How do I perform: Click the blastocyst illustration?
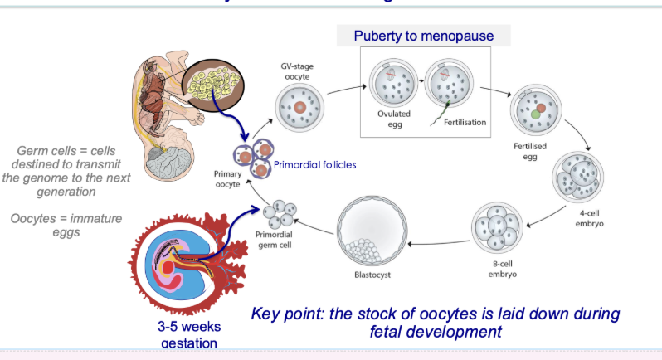point(372,231)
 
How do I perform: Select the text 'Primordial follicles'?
point(315,164)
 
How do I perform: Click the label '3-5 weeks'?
point(190,326)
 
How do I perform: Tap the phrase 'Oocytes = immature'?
point(66,218)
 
